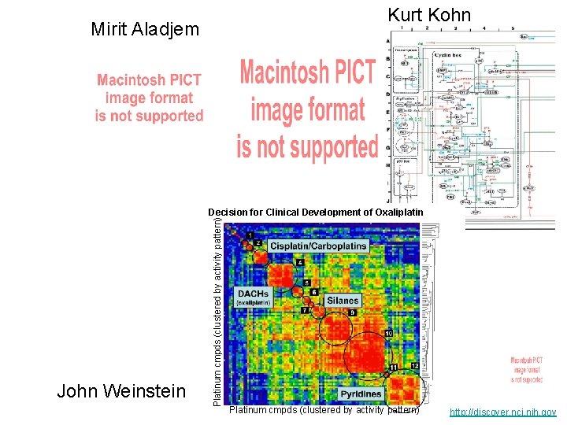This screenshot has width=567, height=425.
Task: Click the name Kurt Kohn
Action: (x=428, y=14)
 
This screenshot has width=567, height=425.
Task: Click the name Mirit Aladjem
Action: (x=145, y=30)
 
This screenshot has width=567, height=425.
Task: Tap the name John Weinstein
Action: (x=121, y=391)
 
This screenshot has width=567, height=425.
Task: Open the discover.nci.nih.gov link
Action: (x=502, y=412)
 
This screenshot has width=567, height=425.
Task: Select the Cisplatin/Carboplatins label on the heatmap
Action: (x=317, y=246)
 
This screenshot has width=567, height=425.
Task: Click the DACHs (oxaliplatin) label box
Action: (x=254, y=297)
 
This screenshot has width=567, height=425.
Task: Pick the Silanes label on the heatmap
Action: (x=343, y=300)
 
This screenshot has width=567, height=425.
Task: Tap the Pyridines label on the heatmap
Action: (x=361, y=394)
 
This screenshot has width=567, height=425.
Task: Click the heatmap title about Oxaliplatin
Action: (x=315, y=213)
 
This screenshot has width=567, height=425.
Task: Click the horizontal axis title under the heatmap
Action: (x=324, y=410)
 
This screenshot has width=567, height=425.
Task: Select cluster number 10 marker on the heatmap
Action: (x=388, y=334)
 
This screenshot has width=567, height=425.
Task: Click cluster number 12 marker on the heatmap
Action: (x=414, y=367)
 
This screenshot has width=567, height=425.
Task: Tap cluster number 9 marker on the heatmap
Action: (x=352, y=313)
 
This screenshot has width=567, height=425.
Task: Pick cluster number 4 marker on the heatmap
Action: (x=300, y=262)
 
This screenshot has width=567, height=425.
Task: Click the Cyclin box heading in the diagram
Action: (x=448, y=56)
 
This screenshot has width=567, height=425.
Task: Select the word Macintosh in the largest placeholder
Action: (x=307, y=72)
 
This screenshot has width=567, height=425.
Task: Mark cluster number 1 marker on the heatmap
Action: (x=249, y=235)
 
